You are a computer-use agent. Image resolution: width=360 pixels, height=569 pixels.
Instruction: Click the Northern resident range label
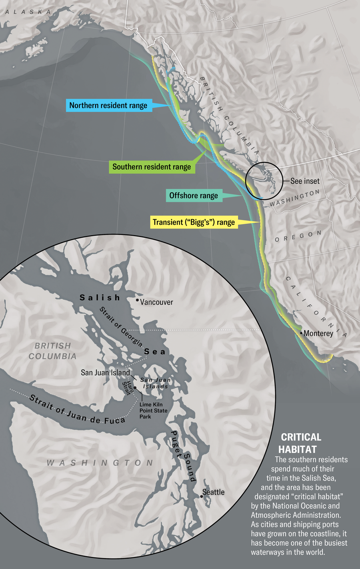coord(108,106)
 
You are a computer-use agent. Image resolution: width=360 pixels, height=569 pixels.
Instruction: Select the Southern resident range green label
coord(152,167)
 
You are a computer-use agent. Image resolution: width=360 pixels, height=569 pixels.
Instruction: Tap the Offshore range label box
coord(194,196)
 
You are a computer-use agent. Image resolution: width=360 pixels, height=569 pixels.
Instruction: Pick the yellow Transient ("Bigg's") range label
coord(194,222)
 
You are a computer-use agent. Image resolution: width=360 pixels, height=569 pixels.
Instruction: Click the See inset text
coord(305,181)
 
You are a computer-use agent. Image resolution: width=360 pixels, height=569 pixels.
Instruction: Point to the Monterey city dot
coord(301,333)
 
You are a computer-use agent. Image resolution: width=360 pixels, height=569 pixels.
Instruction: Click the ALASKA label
coord(28,12)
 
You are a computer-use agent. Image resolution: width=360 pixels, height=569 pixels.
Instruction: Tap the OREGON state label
coord(298,236)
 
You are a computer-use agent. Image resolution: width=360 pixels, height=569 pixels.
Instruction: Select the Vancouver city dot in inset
coord(137,300)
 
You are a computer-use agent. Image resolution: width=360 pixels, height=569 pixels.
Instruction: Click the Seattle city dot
coord(202,497)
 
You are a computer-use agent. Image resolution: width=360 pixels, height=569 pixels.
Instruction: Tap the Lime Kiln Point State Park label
coord(153,411)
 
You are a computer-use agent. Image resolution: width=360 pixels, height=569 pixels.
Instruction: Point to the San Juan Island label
coord(105,373)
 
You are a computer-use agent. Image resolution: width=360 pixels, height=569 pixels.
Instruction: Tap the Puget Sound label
coord(183,456)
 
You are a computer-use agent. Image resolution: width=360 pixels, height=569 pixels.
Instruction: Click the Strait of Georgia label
coord(121,327)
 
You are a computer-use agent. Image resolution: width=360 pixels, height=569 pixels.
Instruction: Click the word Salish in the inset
coord(100,298)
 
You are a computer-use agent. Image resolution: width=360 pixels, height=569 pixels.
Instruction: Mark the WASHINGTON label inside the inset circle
coord(100,463)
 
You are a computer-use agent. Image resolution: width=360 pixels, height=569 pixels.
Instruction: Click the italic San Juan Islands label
coord(156,383)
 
